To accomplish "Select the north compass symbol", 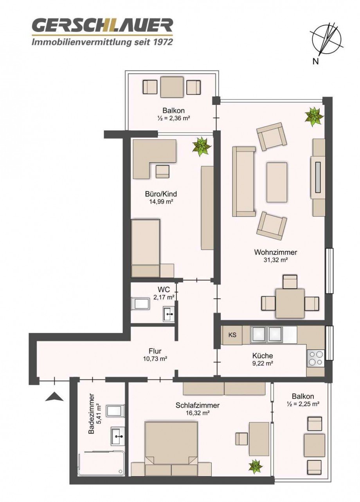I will pos(326,39).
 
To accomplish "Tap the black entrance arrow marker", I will pos(54,397).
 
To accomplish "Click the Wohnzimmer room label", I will pos(275,252).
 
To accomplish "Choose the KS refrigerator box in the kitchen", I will pos(232,335).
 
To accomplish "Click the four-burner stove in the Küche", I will pos(316,358).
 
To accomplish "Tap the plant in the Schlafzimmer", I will pos(256,466).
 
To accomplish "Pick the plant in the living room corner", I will pos(314,116).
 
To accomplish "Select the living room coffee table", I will pos(277,182).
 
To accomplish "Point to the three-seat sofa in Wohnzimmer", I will pos(244,182).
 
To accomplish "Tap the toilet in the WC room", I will pos(140,303).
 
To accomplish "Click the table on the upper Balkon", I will pos(172,87).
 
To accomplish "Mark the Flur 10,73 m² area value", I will pos(155,358).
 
